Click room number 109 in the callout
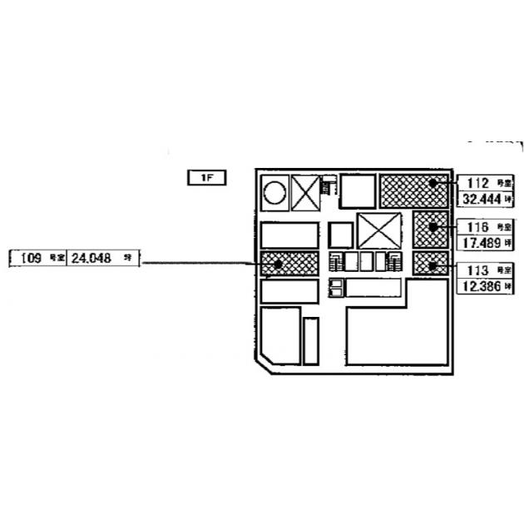(32, 259)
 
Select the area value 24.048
(90, 259)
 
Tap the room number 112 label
(477, 181)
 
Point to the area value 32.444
(477, 199)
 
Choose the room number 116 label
(477, 225)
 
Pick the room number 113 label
(477, 269)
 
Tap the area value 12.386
(477, 286)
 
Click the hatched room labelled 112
(413, 190)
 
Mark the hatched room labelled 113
(432, 264)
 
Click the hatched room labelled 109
(289, 263)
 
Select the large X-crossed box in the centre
(379, 230)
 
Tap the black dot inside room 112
(433, 181)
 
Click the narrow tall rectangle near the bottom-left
(311, 339)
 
